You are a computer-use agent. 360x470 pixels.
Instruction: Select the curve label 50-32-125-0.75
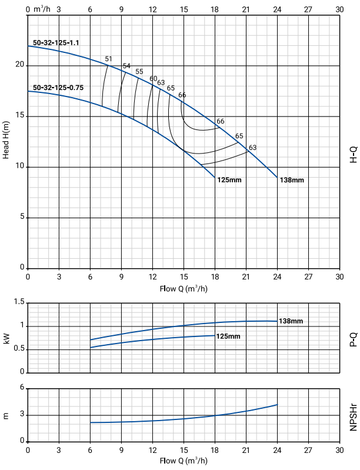pos(58,88)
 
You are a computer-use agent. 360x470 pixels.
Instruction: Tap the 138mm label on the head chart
pos(292,180)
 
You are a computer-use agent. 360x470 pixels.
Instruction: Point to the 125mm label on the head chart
pos(229,180)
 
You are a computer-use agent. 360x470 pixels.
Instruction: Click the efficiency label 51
pos(108,59)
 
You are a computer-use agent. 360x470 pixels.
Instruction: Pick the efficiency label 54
pos(126,66)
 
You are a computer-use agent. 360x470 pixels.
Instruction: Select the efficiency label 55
pos(139,72)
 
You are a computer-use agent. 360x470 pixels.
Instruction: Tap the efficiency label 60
pos(154,79)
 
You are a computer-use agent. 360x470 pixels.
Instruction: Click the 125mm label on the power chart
pos(229,336)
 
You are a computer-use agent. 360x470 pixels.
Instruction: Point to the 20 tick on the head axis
pos(18,65)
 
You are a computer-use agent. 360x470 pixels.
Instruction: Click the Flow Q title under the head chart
pos(183,288)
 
